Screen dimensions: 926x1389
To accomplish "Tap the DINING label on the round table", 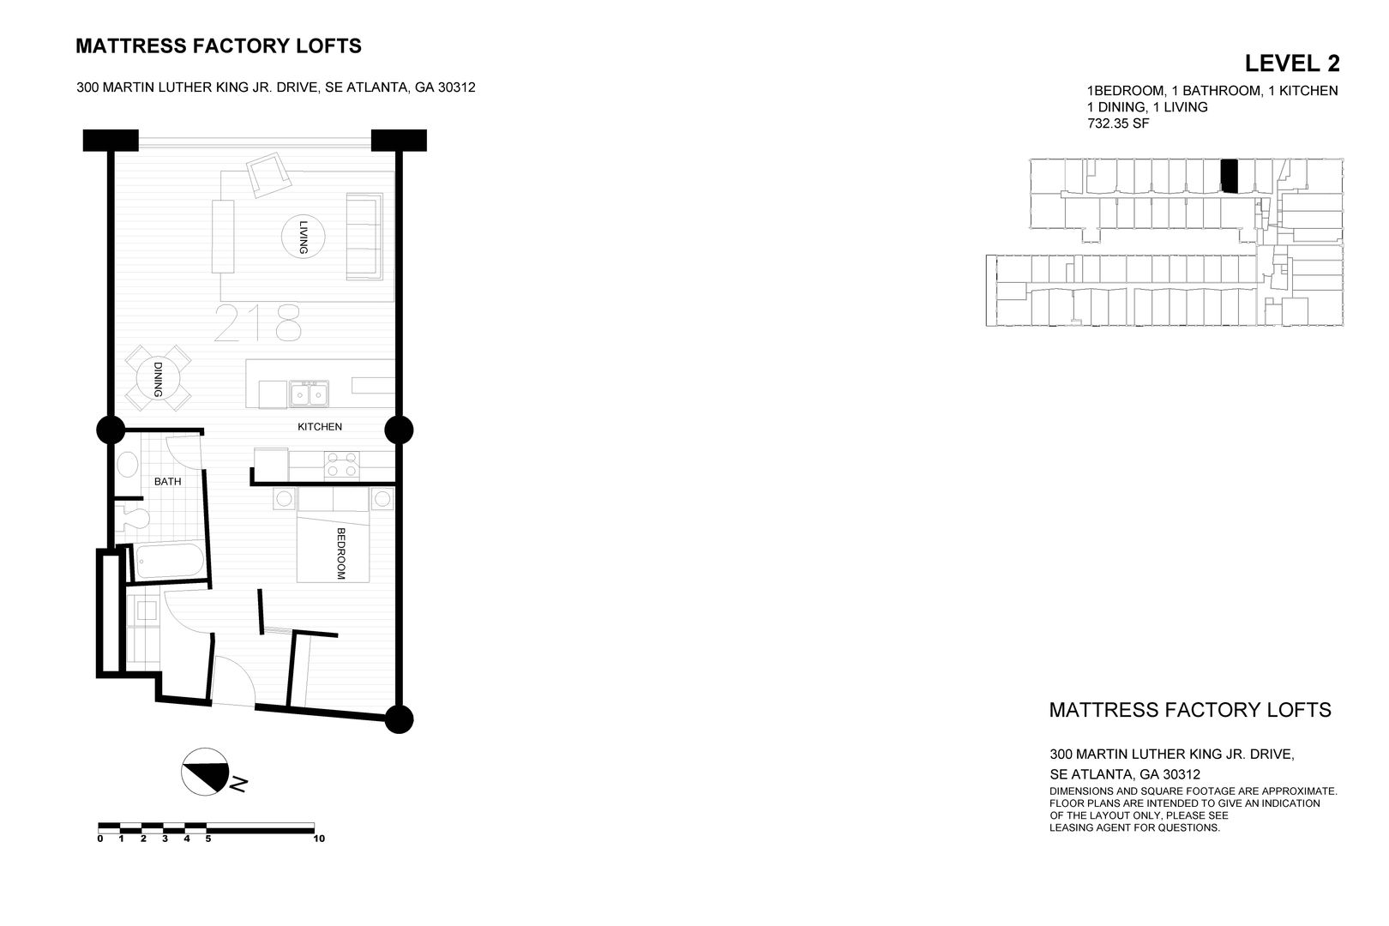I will [159, 379].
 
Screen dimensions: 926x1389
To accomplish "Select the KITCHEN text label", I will [320, 427].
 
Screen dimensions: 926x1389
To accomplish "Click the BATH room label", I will [167, 482].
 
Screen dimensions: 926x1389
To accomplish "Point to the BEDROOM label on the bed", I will [340, 553].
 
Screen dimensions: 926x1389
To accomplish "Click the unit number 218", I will [257, 324].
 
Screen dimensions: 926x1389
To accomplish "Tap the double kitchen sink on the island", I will [309, 394].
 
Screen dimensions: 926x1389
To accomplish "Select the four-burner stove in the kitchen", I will [341, 466].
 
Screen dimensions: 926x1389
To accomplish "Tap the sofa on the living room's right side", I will [364, 236].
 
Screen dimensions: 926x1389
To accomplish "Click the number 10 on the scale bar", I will [319, 839].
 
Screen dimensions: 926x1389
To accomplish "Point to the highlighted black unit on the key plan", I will [1230, 176].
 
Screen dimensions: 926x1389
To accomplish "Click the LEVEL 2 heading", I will [1291, 63].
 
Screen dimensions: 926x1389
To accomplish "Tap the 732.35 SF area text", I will [1118, 123].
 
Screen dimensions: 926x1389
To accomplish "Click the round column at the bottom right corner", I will [399, 719].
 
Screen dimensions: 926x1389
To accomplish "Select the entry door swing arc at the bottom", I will [233, 682].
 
